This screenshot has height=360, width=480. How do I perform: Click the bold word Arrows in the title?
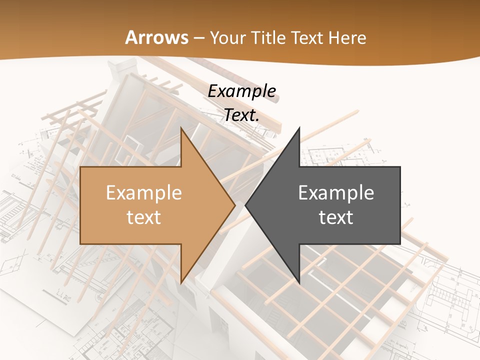click(x=157, y=37)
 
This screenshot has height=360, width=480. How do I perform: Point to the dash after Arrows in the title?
click(x=198, y=38)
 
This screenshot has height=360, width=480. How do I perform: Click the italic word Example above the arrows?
click(x=242, y=91)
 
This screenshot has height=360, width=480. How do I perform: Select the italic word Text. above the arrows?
click(x=242, y=115)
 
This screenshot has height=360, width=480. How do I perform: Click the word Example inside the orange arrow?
click(x=144, y=193)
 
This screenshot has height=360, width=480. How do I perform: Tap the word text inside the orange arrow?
click(x=144, y=217)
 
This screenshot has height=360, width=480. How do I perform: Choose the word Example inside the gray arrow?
click(x=336, y=193)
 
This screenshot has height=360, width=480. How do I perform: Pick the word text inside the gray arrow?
click(x=336, y=217)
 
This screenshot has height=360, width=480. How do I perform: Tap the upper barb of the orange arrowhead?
click(x=181, y=129)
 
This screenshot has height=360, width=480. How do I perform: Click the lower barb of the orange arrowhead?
click(x=181, y=282)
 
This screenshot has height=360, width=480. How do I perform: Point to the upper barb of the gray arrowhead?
click(x=298, y=129)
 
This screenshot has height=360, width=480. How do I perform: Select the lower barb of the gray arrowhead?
click(x=298, y=282)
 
